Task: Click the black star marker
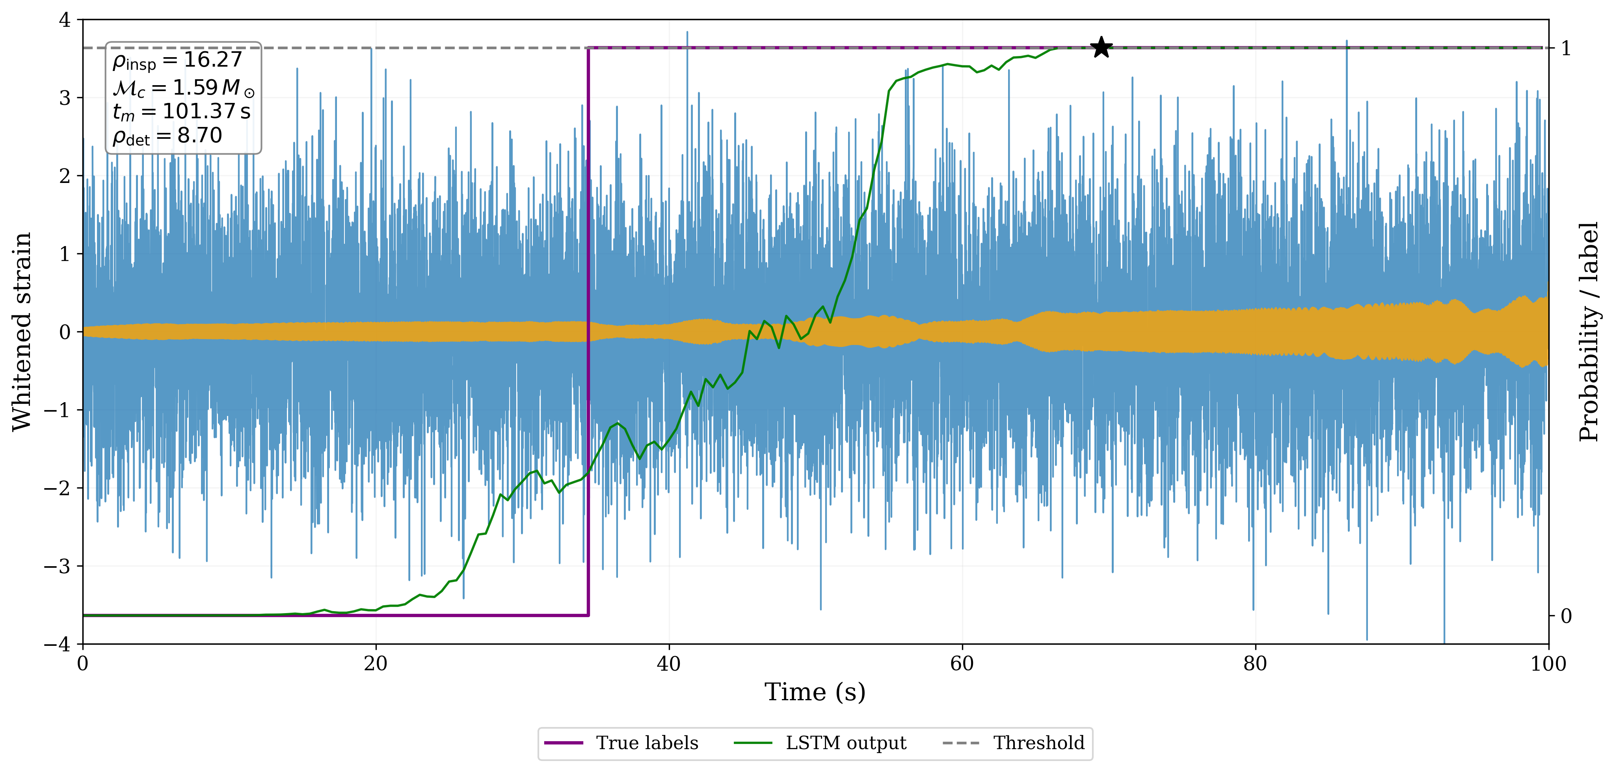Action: (1101, 48)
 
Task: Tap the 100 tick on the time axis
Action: (1548, 664)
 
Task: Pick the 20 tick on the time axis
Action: (376, 664)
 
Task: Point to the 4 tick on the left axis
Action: (65, 20)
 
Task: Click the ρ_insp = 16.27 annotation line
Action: (177, 60)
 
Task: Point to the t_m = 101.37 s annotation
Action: (181, 112)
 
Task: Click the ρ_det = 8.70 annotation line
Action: (167, 136)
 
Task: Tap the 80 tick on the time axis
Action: (1255, 664)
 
